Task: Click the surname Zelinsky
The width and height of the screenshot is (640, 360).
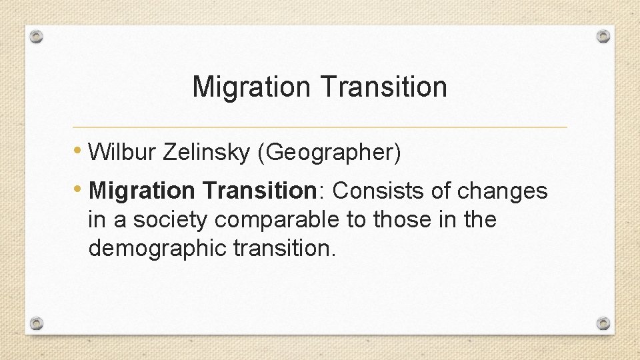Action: coord(204,153)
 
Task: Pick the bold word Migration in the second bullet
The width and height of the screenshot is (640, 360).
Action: coord(141,191)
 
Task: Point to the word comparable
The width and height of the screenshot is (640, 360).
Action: coord(278,219)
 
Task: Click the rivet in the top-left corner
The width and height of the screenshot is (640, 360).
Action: coord(37,37)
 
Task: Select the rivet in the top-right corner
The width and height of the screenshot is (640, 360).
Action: coord(603,35)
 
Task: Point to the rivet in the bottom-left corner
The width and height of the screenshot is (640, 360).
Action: coord(37,323)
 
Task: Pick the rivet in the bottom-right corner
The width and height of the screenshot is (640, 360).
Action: coord(603,323)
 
